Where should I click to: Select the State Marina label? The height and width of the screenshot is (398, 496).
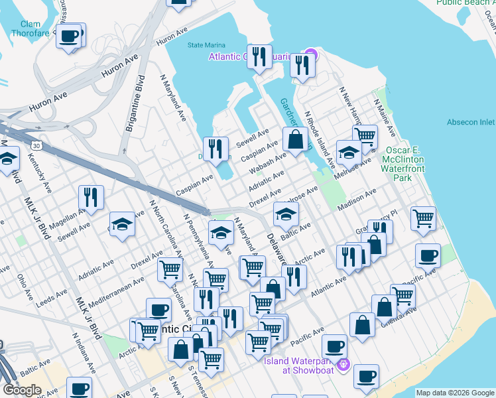pos(203,45)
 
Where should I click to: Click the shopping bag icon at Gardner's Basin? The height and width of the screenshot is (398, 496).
pos(295,140)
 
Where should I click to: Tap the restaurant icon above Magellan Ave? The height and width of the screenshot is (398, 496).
pos(91,198)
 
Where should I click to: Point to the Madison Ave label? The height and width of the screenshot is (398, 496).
pos(357,200)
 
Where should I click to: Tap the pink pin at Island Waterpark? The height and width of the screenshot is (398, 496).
pos(343,364)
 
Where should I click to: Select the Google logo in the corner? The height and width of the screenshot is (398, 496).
pos(22,390)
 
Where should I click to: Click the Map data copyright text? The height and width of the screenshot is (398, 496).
pos(455,393)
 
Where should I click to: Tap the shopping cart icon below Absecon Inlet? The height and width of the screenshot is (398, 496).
pos(422,218)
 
